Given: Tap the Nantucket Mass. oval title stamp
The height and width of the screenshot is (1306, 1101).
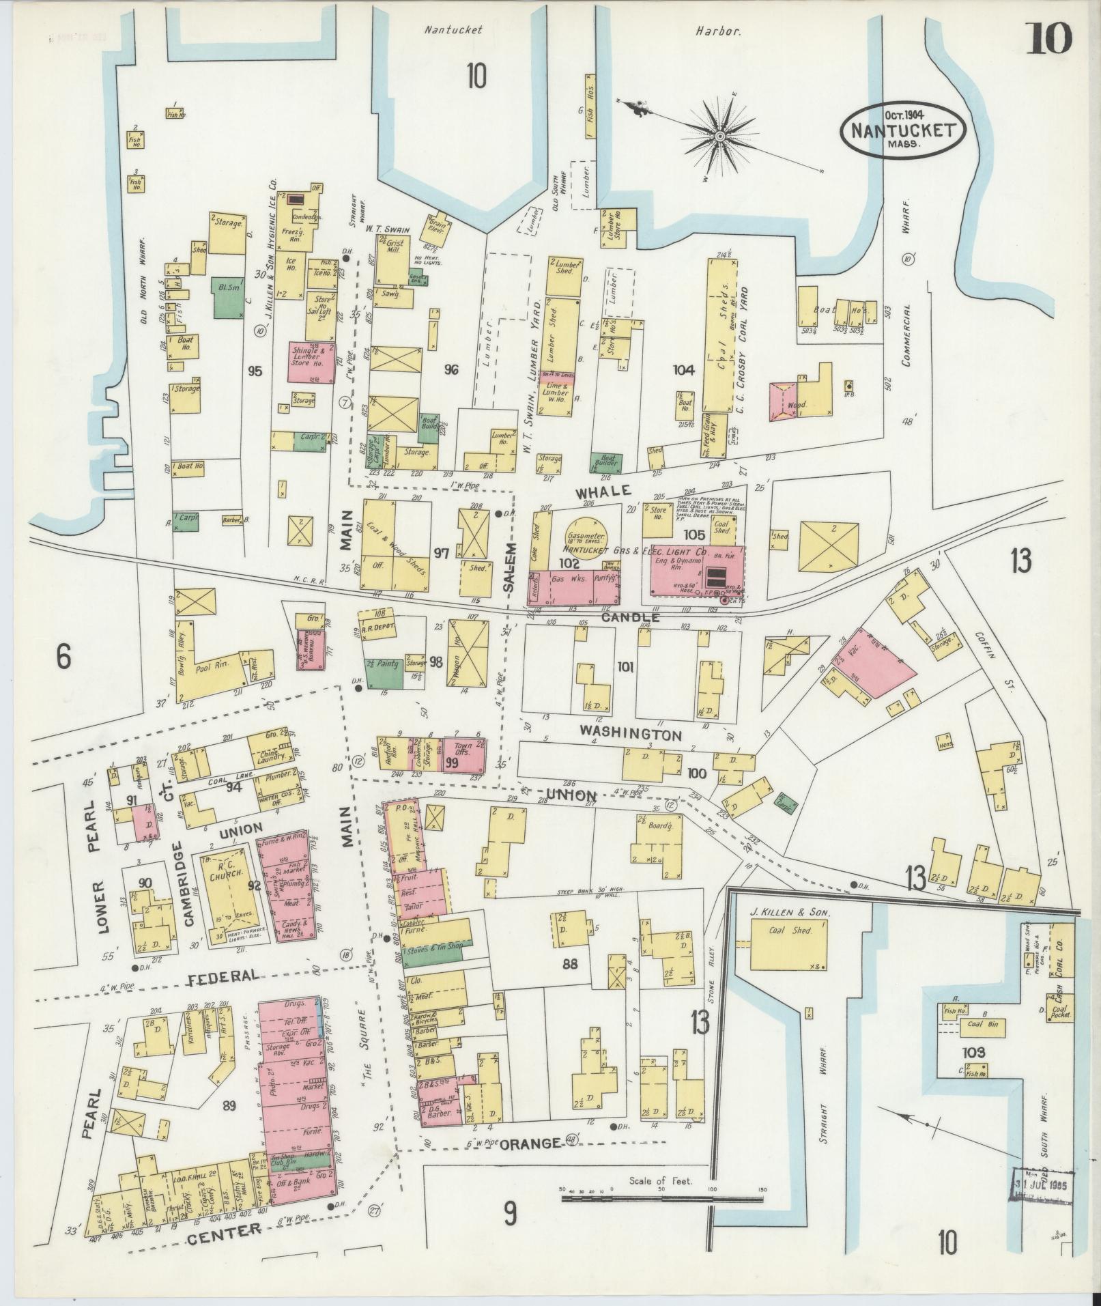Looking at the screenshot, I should pos(902,130).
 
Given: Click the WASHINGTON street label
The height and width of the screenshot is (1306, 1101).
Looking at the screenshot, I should pos(630,733).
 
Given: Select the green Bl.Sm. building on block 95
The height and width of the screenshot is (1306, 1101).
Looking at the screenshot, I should pos(229,297).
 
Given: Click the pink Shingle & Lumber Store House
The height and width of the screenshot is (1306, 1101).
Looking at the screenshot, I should pos(311,362).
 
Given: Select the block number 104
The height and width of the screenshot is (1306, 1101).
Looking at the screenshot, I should pos(683,371).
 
